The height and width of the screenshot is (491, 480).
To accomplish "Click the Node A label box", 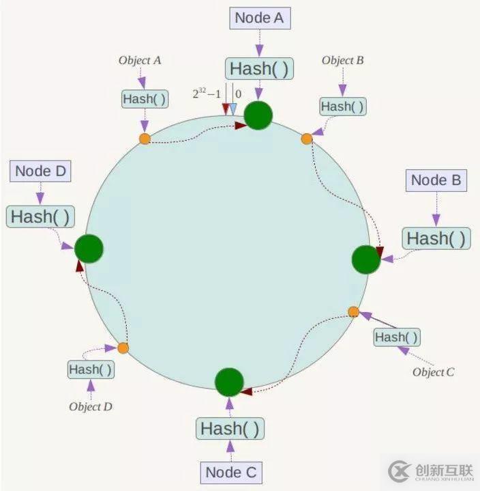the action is [260, 18].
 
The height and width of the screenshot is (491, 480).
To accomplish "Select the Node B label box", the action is [436, 180].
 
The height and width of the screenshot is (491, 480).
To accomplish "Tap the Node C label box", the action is [231, 473].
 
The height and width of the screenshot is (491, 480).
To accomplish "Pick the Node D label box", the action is [40, 171].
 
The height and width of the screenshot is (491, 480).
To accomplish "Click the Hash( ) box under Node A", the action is [259, 68].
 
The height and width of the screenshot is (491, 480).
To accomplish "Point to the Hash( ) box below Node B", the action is [436, 238].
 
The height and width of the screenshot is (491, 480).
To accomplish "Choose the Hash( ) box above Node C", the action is [230, 428].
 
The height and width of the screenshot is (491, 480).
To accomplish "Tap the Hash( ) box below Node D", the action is [40, 216].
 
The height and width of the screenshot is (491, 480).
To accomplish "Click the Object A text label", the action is [140, 60].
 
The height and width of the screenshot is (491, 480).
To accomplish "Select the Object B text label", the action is [343, 60].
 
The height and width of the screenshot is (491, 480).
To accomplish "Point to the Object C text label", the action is [434, 372].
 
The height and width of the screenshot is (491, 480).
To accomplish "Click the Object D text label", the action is [91, 406].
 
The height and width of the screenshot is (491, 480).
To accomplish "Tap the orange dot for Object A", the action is [145, 139].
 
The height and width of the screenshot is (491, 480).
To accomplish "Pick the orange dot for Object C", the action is [353, 312].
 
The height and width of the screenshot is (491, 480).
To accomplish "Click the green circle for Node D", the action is [89, 249].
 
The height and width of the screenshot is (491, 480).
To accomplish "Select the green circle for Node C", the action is [229, 382].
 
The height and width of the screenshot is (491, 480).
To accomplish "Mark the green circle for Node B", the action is [366, 259].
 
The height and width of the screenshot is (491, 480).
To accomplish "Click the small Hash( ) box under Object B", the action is [343, 107].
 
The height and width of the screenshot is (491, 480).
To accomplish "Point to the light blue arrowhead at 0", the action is [233, 109].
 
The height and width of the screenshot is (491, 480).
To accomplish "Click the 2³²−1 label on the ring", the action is [207, 94].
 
